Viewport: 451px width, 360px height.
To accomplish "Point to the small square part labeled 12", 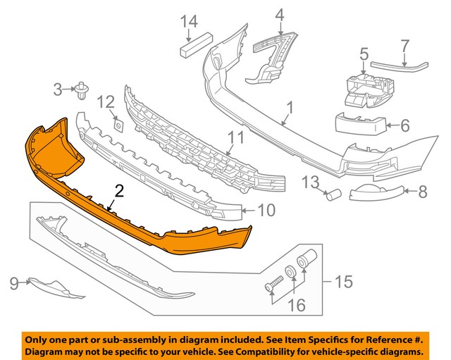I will coord(118,125).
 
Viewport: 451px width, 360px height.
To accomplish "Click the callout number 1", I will coord(289,109).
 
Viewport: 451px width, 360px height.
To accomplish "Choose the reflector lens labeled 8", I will coord(378,191).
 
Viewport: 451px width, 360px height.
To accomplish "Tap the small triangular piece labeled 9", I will coord(49,285).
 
